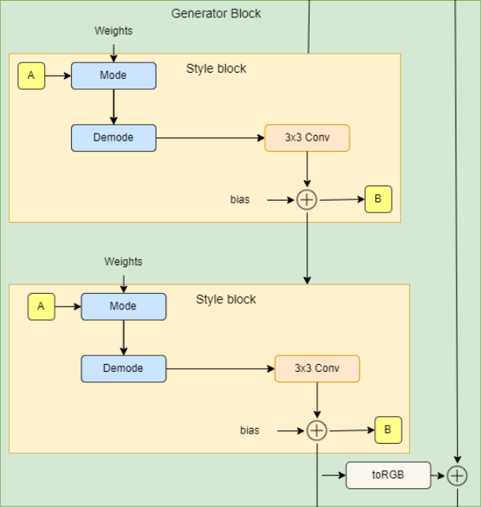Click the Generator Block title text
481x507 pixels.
point(216,13)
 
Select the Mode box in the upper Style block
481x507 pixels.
point(114,76)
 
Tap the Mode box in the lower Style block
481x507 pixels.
point(123,306)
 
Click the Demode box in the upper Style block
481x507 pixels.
point(114,137)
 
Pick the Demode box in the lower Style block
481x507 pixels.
point(123,368)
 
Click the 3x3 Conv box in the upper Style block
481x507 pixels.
point(306,137)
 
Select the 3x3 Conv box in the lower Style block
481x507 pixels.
point(317,368)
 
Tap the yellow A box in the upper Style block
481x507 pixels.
point(32,76)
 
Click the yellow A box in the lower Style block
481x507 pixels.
point(41,306)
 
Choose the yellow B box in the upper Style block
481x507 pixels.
point(378,200)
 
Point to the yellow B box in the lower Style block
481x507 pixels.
point(388,430)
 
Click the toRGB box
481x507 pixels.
point(388,475)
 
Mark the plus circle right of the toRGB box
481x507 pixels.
point(457,475)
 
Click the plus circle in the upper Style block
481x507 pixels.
point(306,200)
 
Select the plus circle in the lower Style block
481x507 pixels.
point(317,430)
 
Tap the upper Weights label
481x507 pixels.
point(114,31)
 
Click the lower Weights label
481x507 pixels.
point(123,261)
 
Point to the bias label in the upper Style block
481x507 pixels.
point(239,200)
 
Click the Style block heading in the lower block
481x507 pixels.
point(226,299)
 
